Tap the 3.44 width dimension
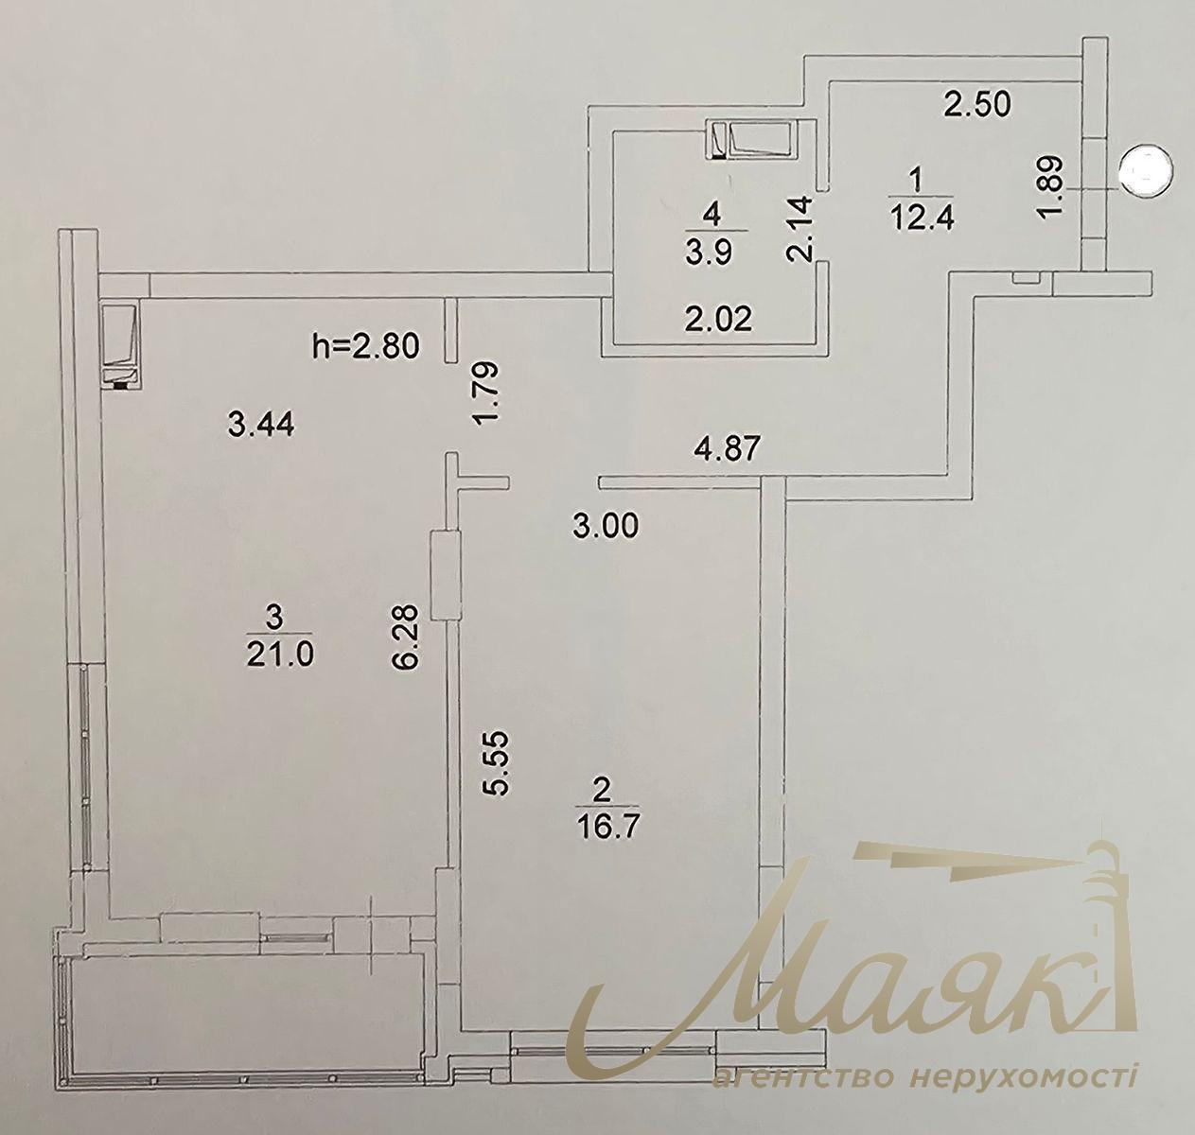tap(262, 426)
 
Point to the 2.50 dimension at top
tap(978, 103)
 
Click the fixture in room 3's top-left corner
tap(120, 346)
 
